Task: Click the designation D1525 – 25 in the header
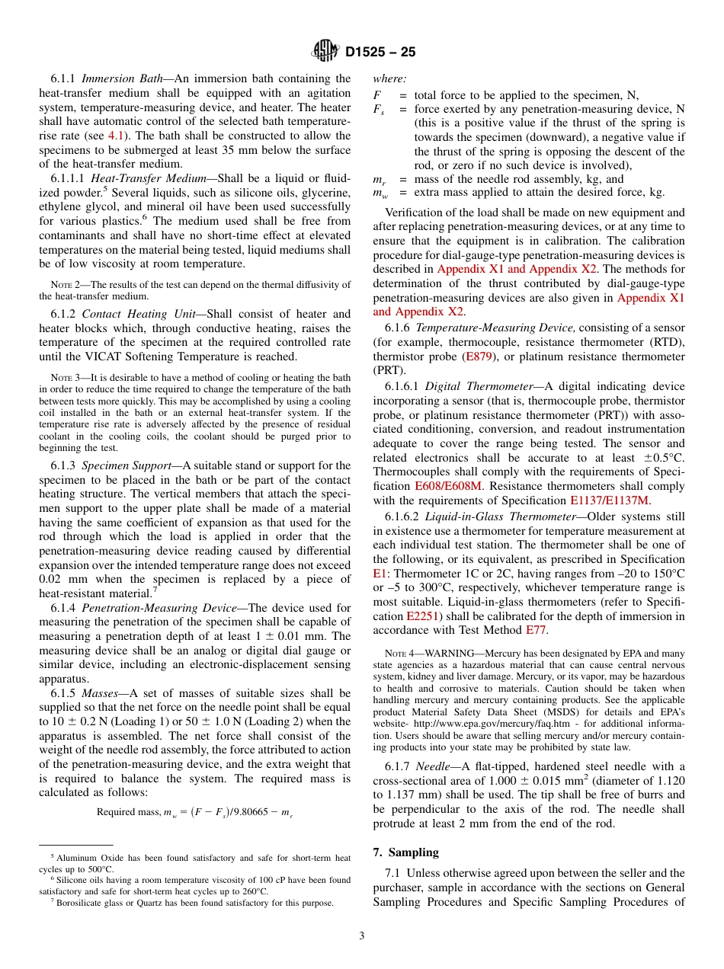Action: tap(380, 53)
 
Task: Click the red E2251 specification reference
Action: tap(421, 616)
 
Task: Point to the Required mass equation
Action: tap(194, 811)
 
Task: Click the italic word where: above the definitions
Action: tap(389, 78)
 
